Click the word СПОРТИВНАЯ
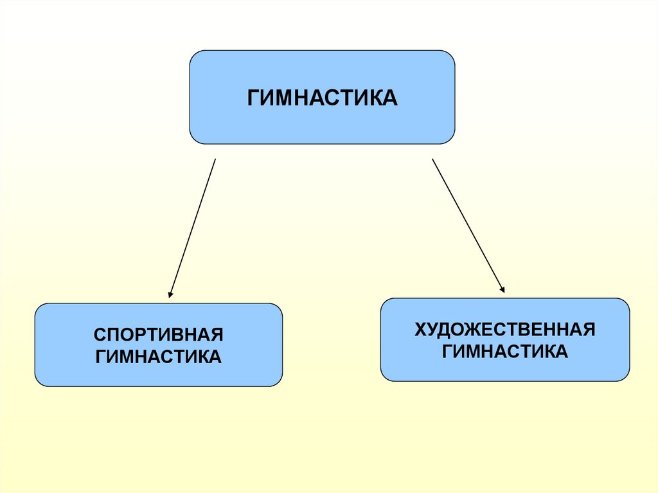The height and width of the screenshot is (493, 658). click(x=158, y=335)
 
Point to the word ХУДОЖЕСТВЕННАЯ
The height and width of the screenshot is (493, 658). click(x=504, y=330)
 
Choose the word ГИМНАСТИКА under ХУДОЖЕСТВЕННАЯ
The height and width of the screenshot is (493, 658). click(x=504, y=352)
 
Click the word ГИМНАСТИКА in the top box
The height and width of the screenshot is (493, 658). click(x=322, y=98)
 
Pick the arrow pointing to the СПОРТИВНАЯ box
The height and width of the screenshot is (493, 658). click(x=192, y=228)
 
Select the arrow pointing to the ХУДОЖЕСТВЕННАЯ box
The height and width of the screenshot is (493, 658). click(x=468, y=226)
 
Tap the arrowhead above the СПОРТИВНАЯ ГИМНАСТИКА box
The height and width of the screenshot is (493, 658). click(x=170, y=294)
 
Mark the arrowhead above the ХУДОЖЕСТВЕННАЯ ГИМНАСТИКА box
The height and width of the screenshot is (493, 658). click(x=502, y=290)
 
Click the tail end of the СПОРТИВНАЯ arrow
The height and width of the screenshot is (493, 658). click(x=215, y=160)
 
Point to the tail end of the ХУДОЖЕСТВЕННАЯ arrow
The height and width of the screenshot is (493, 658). click(x=432, y=159)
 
